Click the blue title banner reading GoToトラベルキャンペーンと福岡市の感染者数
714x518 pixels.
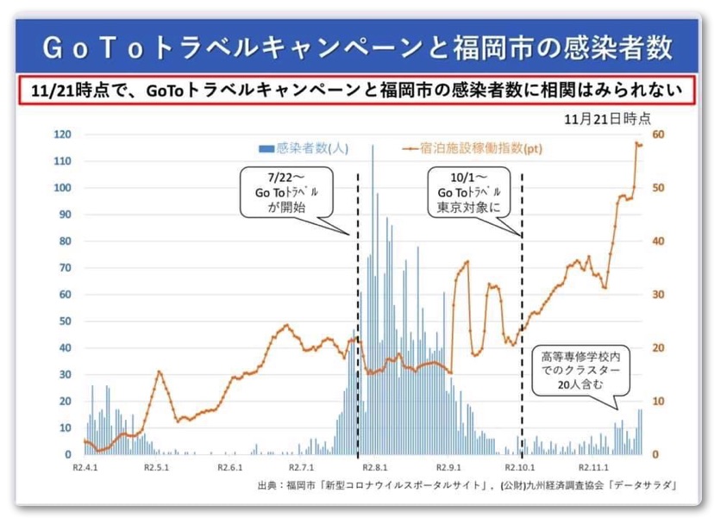357,47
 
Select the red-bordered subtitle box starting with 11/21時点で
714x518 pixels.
356,90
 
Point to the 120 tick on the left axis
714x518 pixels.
62,134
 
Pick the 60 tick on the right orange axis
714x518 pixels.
658,134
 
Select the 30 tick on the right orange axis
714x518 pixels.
658,295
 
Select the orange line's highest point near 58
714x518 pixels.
637,143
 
